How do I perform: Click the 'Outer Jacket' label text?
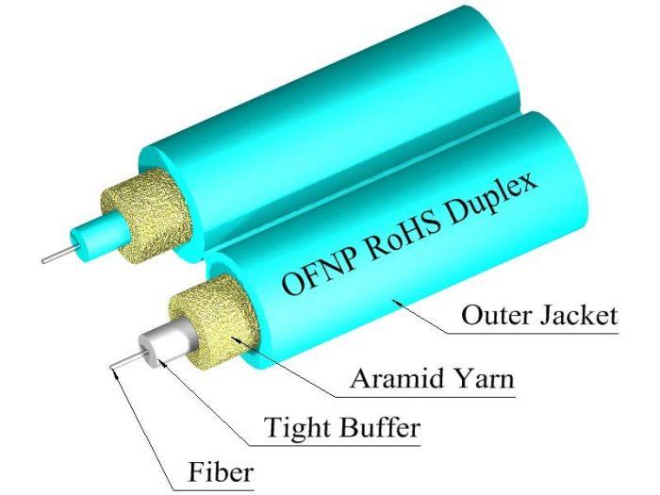[x=539, y=315]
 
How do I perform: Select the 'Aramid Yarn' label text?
[x=432, y=381]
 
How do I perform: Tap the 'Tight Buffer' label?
[x=342, y=429]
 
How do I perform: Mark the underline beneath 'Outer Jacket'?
[x=539, y=331]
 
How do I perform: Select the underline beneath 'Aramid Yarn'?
[x=432, y=397]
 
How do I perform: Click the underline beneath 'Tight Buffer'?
[x=342, y=445]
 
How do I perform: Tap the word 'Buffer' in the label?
[x=381, y=429]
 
